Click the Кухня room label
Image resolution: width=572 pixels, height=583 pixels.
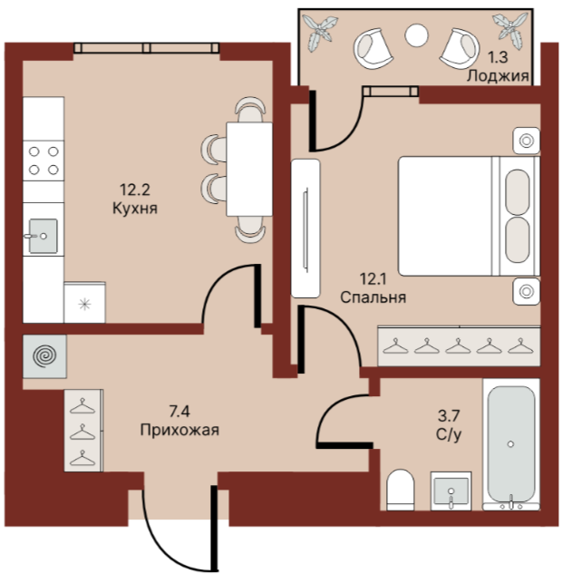pyautogui.click(x=135, y=209)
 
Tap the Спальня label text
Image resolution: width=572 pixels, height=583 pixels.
pyautogui.click(x=373, y=297)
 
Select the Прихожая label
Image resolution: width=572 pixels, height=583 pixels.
pyautogui.click(x=179, y=430)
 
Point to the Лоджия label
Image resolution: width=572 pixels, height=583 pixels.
pyautogui.click(x=498, y=76)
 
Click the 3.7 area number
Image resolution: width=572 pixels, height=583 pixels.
pyautogui.click(x=449, y=415)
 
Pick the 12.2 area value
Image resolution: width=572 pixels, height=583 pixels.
pyautogui.click(x=134, y=189)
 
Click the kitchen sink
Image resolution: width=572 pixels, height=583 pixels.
pyautogui.click(x=44, y=236)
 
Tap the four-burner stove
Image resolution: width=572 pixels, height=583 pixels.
pyautogui.click(x=44, y=160)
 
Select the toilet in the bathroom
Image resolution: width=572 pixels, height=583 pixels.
pyautogui.click(x=401, y=490)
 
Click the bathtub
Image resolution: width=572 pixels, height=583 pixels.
pyautogui.click(x=511, y=444)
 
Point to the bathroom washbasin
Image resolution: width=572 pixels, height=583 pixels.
pyautogui.click(x=451, y=491)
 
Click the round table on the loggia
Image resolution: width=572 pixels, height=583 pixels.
pyautogui.click(x=416, y=35)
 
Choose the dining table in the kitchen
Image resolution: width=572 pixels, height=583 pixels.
pyautogui.click(x=249, y=170)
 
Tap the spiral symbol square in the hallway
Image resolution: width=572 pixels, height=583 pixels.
pyautogui.click(x=44, y=356)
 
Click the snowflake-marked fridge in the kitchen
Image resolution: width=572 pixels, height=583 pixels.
pyautogui.click(x=84, y=303)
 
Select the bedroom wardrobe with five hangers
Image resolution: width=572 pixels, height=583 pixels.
pyautogui.click(x=459, y=346)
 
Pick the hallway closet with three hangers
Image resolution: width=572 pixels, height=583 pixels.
pyautogui.click(x=83, y=431)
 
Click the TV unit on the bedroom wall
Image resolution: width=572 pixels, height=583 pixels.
pyautogui.click(x=305, y=228)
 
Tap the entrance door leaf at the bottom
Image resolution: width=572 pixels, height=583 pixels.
pyautogui.click(x=214, y=528)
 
